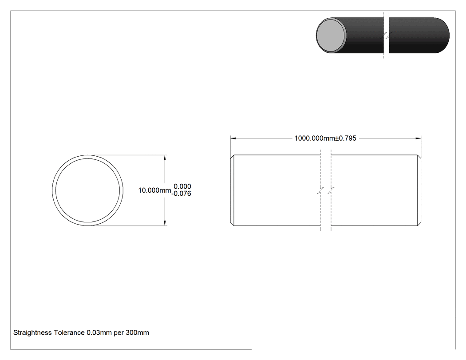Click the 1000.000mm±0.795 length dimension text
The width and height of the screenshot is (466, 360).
pos(325,138)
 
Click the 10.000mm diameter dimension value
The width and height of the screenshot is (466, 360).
pos(154,190)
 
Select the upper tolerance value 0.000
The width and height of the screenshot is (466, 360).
pos(182,186)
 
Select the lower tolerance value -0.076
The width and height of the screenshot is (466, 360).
pos(181,194)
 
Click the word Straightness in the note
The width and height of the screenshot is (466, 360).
pos(33,332)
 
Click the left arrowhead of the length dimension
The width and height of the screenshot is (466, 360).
pos(233,138)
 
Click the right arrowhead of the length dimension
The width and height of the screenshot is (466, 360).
pos(418,138)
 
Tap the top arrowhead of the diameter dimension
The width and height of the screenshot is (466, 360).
pos(165,158)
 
